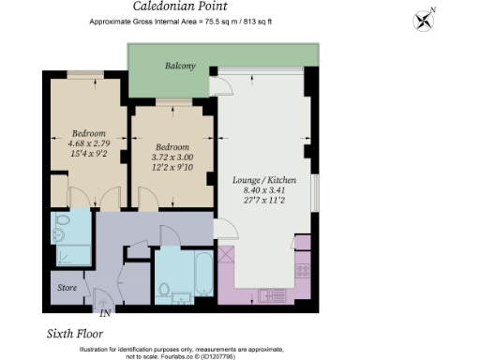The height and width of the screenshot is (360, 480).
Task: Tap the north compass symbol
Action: (x=425, y=20)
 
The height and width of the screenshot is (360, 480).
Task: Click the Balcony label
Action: (x=180, y=66)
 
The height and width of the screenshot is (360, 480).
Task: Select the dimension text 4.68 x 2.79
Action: (x=88, y=143)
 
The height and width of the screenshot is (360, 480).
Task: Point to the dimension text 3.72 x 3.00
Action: (x=172, y=157)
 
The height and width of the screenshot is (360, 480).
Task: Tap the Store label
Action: (x=67, y=288)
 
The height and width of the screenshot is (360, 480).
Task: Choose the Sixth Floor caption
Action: (x=74, y=334)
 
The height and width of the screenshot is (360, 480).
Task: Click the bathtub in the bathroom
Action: (x=202, y=276)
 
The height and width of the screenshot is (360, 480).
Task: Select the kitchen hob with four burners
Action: (x=303, y=271)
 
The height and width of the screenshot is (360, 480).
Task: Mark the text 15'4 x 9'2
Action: (x=88, y=155)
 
